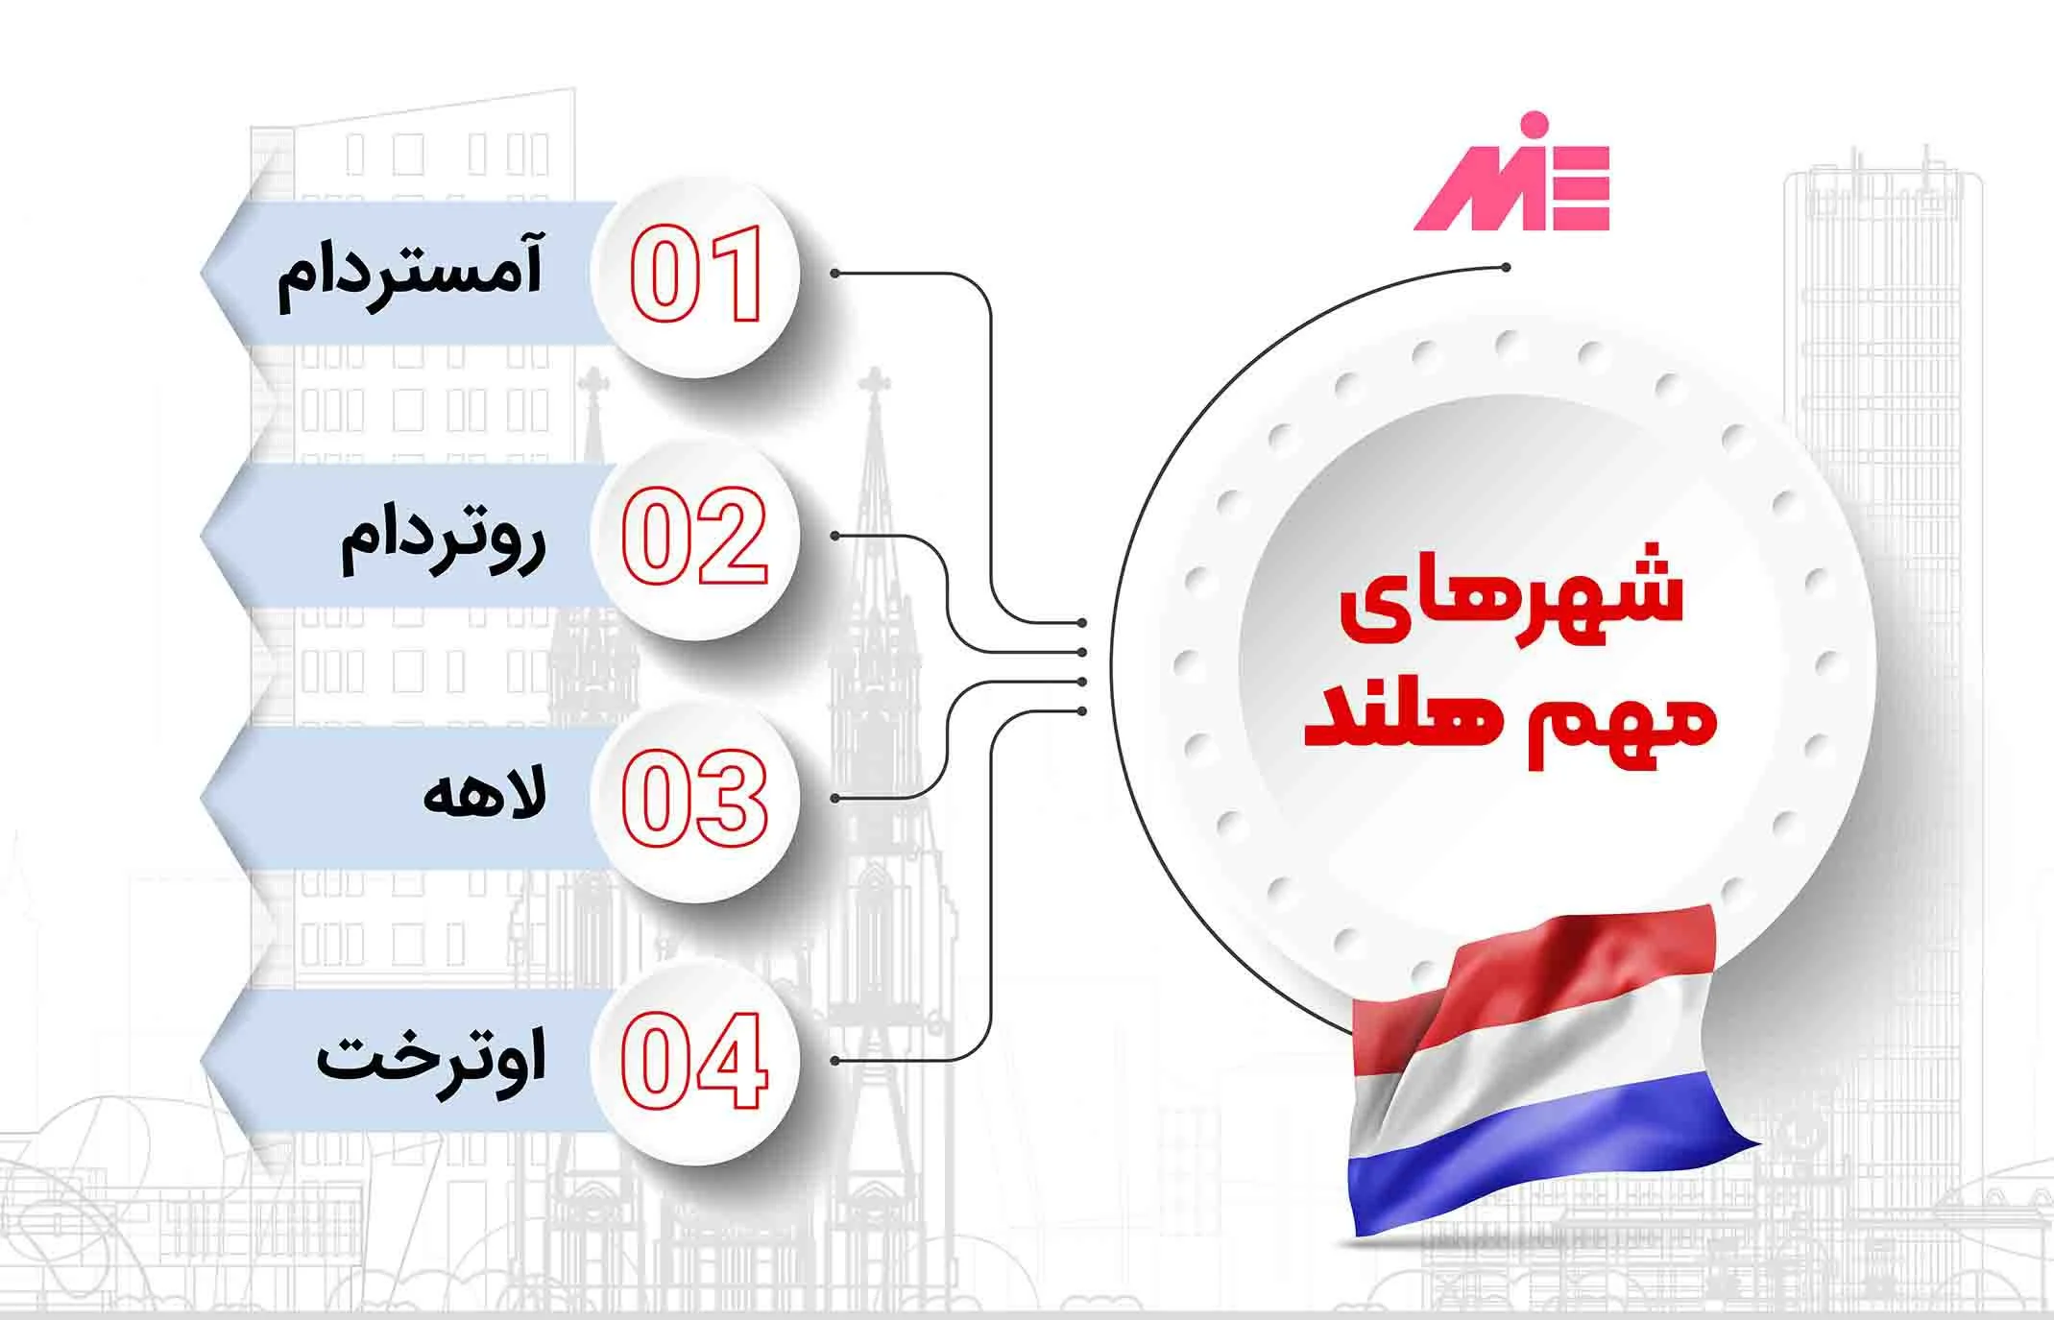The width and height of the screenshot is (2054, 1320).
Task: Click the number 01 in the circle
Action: (x=696, y=275)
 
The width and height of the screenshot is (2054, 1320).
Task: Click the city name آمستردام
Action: (x=410, y=271)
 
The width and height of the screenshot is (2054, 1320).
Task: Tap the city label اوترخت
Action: (x=431, y=1060)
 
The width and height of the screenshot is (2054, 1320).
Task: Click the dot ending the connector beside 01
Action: (x=835, y=274)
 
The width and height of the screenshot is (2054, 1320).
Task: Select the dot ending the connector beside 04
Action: (x=835, y=1061)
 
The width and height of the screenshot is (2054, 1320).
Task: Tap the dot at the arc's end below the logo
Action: (x=1506, y=268)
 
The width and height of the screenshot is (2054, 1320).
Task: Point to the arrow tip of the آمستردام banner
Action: (x=201, y=274)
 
